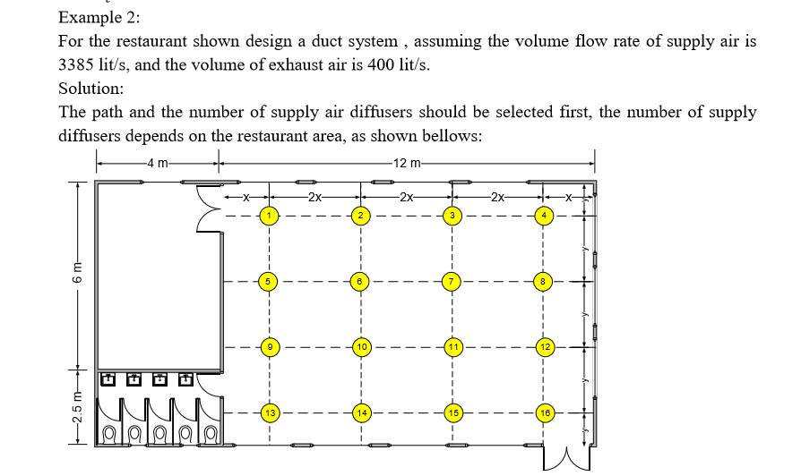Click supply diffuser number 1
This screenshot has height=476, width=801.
click(267, 216)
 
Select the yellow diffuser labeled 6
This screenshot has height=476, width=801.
click(359, 281)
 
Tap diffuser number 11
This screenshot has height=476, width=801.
click(453, 346)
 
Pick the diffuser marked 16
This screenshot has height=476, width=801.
click(544, 412)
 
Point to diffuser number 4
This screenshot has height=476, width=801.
click(544, 216)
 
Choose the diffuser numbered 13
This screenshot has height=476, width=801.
click(268, 412)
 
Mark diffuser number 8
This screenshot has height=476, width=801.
click(544, 281)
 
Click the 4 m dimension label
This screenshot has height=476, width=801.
click(159, 164)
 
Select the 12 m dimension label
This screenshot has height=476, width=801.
click(405, 164)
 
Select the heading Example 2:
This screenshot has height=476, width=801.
click(99, 17)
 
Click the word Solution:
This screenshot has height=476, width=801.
click(90, 89)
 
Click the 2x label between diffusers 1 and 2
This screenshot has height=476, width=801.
click(314, 197)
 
